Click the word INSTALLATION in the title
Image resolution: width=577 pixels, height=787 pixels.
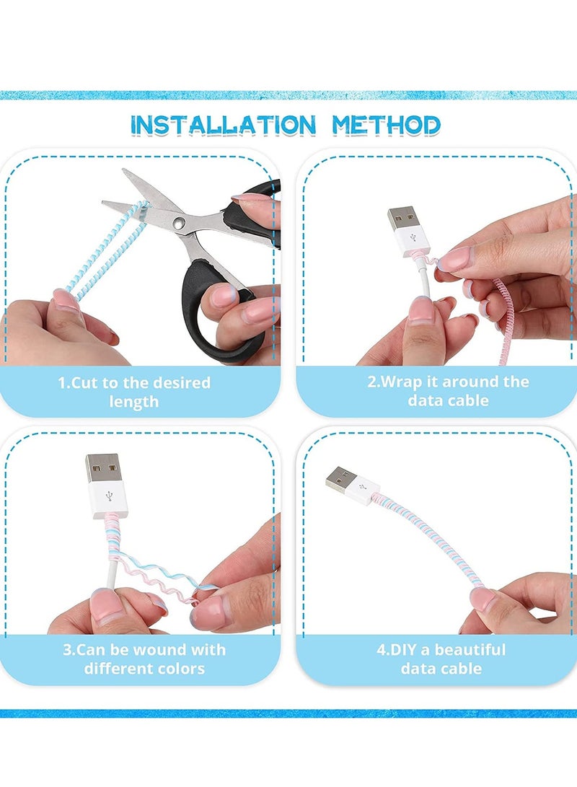tap(223, 125)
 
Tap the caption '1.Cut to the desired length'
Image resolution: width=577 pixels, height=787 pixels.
tap(134, 392)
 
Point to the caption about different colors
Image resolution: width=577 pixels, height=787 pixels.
tap(144, 659)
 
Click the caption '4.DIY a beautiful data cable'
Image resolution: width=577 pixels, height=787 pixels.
tap(441, 659)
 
